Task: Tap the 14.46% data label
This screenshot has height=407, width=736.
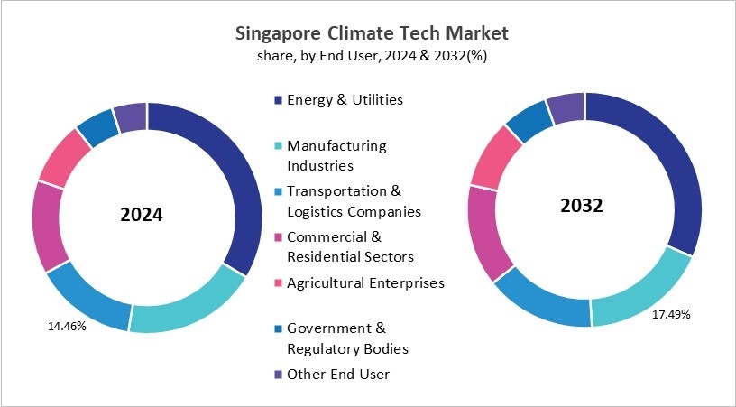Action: pyautogui.click(x=67, y=326)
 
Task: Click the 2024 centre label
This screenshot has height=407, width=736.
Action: pyautogui.click(x=142, y=217)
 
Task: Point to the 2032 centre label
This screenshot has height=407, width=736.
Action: pyautogui.click(x=581, y=205)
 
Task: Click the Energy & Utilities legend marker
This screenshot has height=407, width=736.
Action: pyautogui.click(x=279, y=100)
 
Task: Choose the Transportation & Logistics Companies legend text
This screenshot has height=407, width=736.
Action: pyautogui.click(x=353, y=201)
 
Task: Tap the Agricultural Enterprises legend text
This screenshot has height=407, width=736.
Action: pyautogui.click(x=365, y=282)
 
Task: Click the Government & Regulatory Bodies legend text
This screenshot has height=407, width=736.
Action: pyautogui.click(x=347, y=338)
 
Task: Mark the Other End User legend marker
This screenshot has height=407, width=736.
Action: pyautogui.click(x=279, y=375)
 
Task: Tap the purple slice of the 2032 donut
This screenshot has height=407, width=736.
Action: pyautogui.click(x=567, y=108)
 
